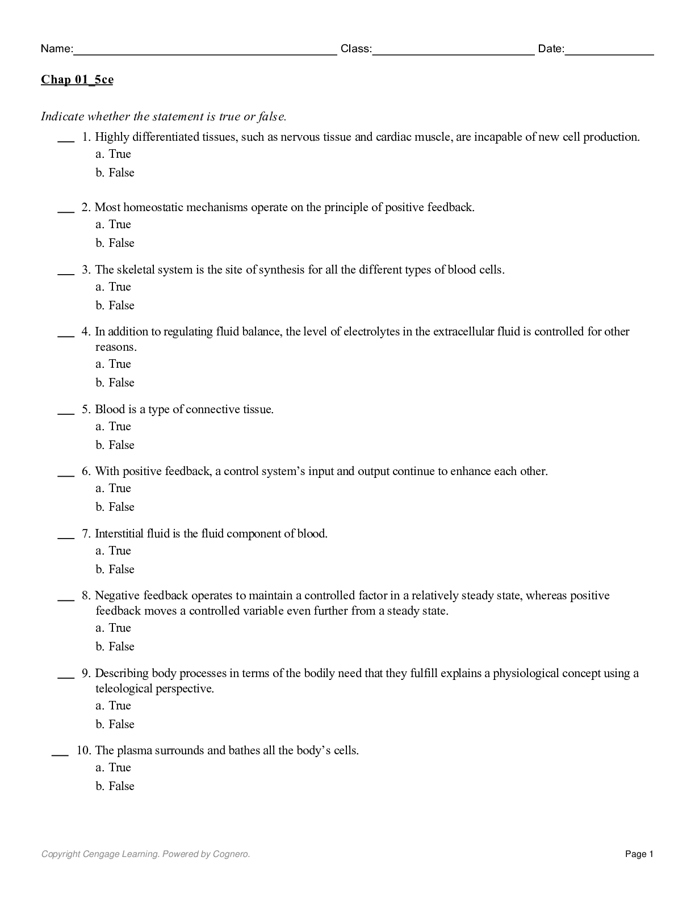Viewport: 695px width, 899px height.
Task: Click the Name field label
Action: [57, 49]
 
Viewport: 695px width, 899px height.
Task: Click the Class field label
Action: [356, 49]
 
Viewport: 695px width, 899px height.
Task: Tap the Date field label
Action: [551, 49]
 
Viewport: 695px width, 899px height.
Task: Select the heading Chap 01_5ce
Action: [77, 79]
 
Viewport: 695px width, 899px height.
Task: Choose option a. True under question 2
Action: [114, 224]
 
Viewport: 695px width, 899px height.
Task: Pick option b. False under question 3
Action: [115, 305]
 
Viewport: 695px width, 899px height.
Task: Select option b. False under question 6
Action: [115, 507]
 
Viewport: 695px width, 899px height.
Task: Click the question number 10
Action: [83, 750]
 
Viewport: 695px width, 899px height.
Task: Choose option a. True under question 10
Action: [114, 767]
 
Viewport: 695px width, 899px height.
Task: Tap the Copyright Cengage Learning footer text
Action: [145, 854]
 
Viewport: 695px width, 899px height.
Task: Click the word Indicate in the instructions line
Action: [62, 116]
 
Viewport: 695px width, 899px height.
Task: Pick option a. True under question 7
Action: [114, 551]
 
